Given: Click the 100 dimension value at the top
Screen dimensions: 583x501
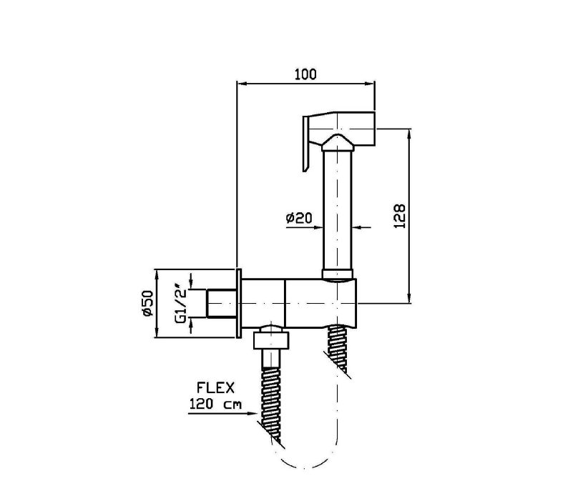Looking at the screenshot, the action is [305, 74].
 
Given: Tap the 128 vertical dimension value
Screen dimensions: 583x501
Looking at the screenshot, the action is [399, 216].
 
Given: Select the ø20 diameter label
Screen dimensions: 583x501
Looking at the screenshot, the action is [299, 218].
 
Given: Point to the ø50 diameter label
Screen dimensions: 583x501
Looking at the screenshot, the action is [147, 303].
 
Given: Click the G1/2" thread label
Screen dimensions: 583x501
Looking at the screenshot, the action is [181, 304].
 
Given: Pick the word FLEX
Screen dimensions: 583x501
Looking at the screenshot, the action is [215, 388].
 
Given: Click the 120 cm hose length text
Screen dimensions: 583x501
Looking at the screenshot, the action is [215, 404].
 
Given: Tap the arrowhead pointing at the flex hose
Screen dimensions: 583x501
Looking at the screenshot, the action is [252, 413].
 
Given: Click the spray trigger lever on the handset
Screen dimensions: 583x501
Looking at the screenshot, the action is [306, 144].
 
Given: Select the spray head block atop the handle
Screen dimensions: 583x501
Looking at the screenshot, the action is [342, 129].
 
